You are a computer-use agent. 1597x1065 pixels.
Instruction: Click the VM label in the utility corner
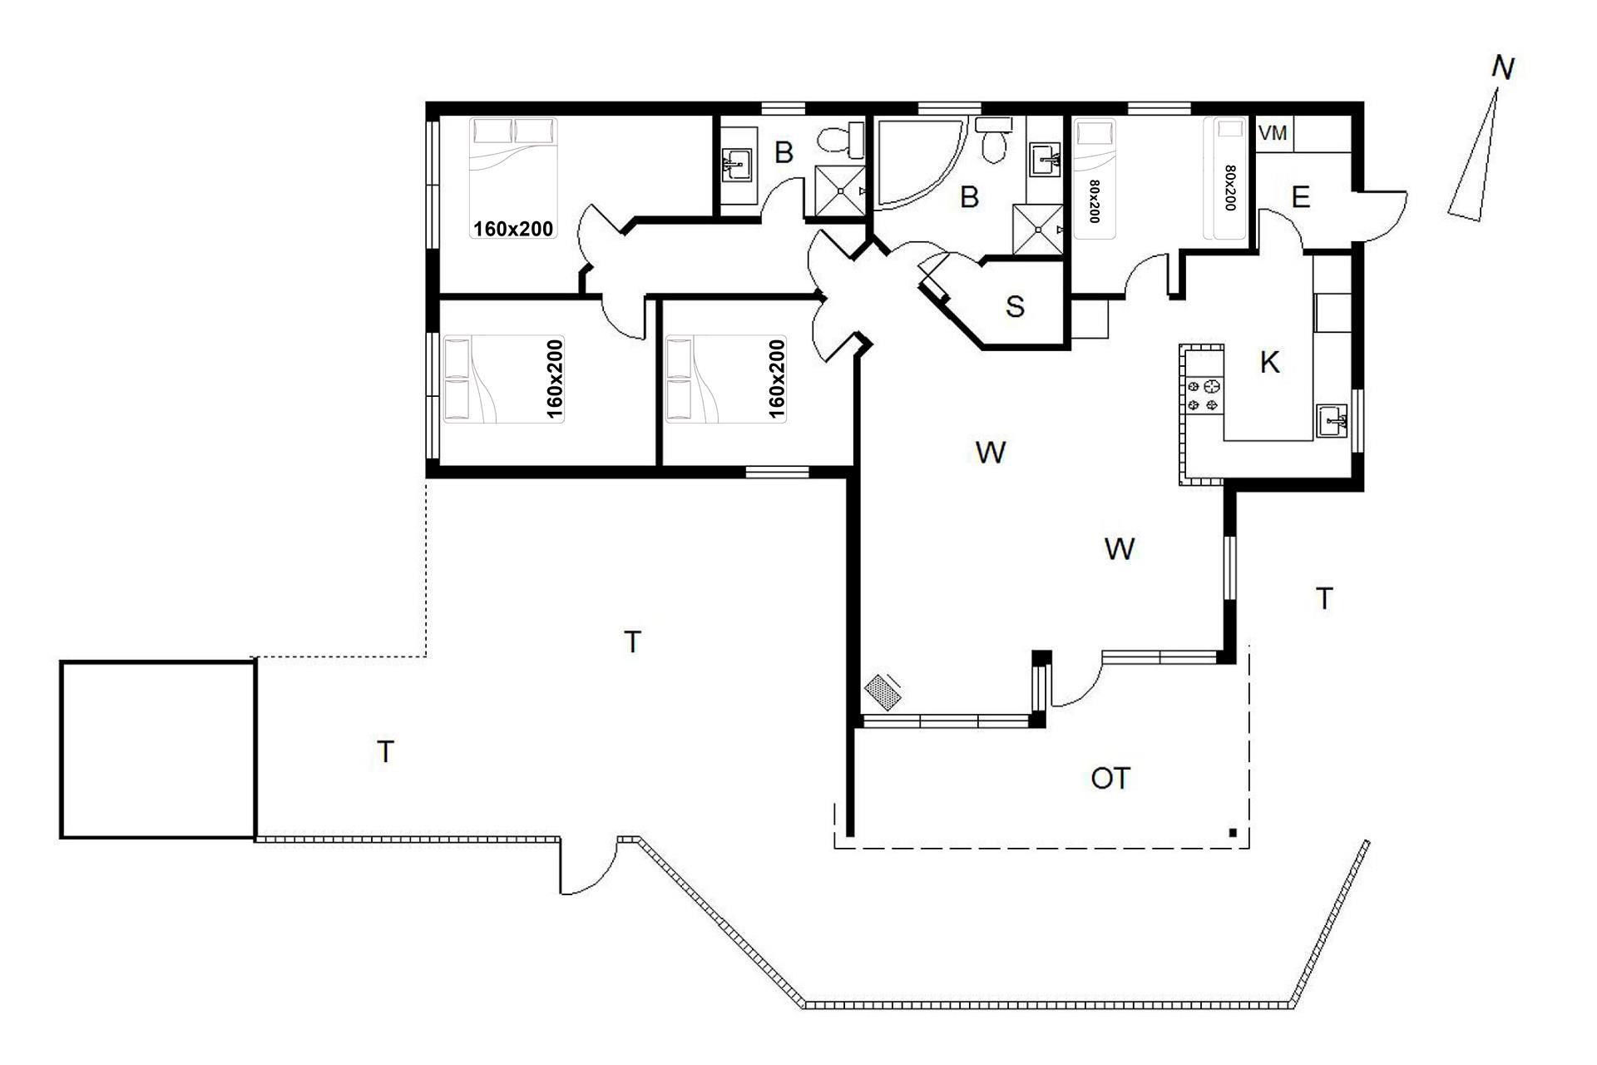click(x=1273, y=133)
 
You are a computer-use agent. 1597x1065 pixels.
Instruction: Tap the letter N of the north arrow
click(x=1502, y=68)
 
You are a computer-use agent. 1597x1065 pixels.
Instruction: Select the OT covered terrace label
click(x=1110, y=779)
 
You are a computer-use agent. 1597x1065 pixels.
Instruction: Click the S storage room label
click(x=1015, y=306)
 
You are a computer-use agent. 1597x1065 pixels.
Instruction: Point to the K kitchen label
click(x=1269, y=363)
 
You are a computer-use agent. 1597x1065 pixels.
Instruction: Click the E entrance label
click(x=1301, y=197)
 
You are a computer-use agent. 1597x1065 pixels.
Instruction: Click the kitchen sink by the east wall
click(x=1332, y=422)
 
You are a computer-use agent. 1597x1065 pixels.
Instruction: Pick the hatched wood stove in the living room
click(x=883, y=691)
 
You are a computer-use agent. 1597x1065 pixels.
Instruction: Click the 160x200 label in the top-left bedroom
click(x=513, y=228)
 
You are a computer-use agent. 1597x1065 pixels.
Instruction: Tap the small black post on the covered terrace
click(x=1233, y=832)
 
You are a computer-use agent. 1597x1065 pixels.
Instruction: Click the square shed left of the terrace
click(x=157, y=749)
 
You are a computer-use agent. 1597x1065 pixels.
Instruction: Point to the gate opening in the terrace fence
click(x=589, y=865)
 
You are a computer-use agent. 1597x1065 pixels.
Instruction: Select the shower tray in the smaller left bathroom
click(x=839, y=191)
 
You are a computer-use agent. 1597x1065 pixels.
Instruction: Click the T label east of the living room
click(x=1324, y=598)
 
